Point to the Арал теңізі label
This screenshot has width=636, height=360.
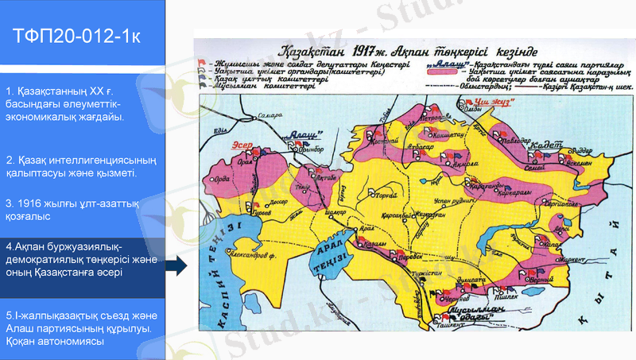(x=334, y=256)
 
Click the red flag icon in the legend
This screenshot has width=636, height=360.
(x=204, y=61)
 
